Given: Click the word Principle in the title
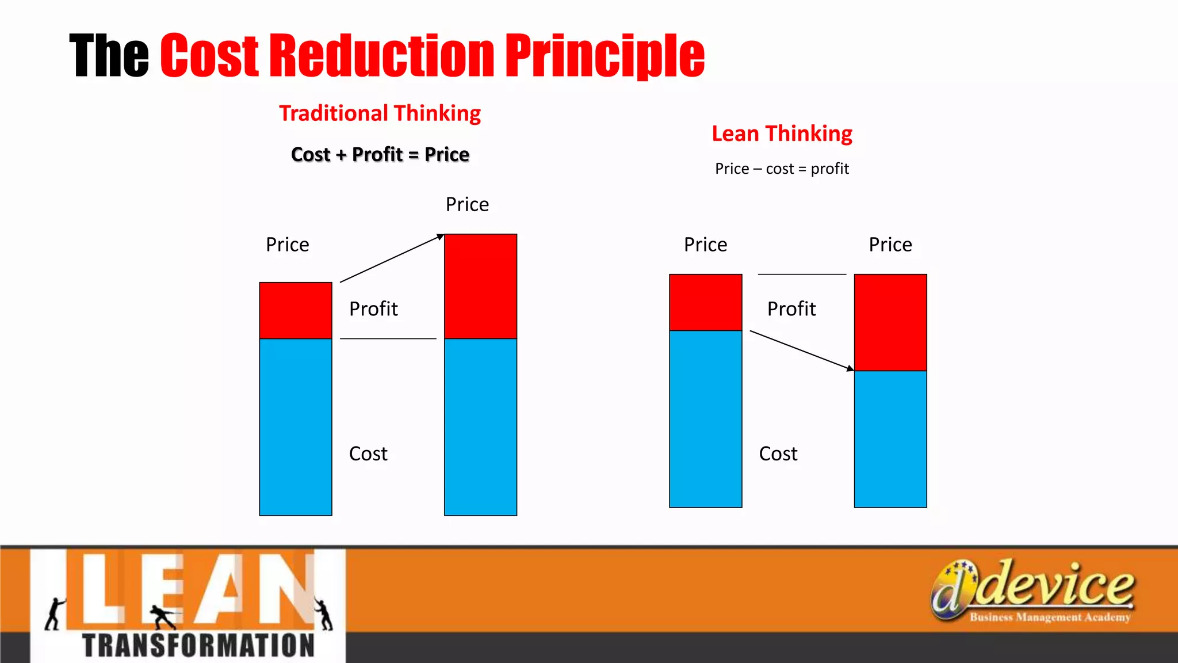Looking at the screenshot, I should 605,56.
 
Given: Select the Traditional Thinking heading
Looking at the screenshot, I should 380,113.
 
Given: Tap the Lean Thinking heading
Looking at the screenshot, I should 782,134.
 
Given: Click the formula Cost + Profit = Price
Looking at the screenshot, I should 380,154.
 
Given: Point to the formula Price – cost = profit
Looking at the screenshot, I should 782,169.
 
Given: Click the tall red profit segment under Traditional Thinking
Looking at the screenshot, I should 480,286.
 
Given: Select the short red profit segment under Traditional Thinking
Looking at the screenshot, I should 296,310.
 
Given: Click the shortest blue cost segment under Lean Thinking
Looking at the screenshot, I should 890,439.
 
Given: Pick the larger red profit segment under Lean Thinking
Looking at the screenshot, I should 890,322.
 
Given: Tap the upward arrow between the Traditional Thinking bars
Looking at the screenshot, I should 392,258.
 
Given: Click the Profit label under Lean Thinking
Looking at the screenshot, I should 791,309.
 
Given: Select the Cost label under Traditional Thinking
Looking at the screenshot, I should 368,454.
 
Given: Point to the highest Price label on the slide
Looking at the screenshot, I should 467,204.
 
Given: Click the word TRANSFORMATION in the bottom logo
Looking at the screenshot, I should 198,645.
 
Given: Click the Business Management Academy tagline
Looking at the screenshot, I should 1050,618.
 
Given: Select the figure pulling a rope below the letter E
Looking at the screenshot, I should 163,616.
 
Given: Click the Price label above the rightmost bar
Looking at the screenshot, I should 890,245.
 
